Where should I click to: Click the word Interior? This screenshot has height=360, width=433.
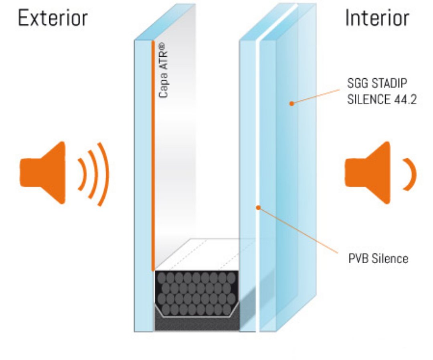pos(377,18)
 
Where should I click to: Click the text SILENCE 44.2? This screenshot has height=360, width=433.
pos(380,99)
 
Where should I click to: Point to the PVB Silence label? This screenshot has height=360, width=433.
pos(378,258)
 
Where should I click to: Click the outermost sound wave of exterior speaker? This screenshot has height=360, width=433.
pos(103,174)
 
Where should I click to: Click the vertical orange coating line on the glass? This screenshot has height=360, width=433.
pos(153,161)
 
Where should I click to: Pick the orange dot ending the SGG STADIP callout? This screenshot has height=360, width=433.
pos(292,104)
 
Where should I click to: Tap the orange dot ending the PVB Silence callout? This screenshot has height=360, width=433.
pos(259,207)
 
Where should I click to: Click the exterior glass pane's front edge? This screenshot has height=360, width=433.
pos(144,181)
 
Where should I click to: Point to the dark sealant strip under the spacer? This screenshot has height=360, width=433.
pos(196,323)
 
